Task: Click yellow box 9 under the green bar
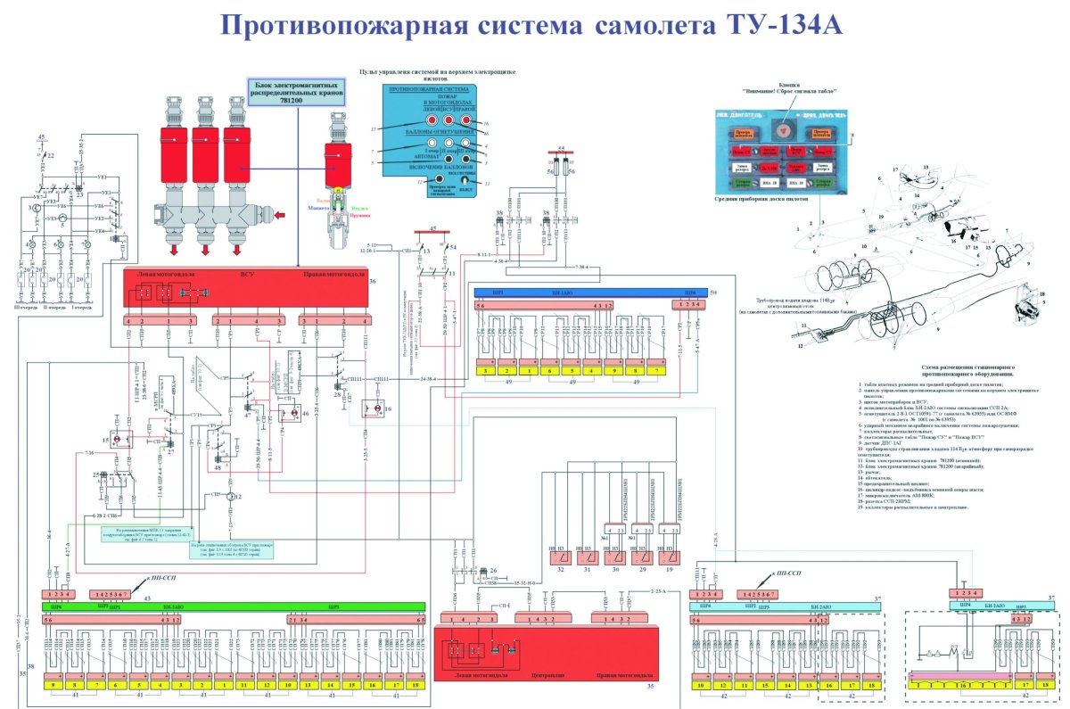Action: coord(54,685)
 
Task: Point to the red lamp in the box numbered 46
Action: coord(288,413)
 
